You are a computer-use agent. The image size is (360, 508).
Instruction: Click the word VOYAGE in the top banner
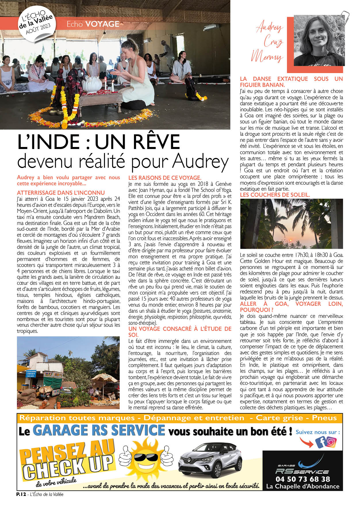tap(102, 24)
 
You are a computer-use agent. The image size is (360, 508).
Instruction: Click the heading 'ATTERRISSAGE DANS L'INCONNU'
tap(61, 193)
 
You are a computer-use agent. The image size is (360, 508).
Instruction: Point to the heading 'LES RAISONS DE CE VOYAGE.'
tap(165, 178)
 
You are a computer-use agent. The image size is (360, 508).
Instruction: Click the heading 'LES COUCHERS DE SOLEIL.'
tap(275, 195)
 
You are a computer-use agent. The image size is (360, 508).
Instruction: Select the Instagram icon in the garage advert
tap(331, 442)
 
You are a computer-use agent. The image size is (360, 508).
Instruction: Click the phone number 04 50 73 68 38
tap(303, 479)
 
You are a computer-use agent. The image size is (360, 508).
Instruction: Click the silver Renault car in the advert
tap(210, 461)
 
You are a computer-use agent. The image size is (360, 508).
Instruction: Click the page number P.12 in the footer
tap(21, 494)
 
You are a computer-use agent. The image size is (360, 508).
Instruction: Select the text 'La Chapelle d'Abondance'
tap(303, 486)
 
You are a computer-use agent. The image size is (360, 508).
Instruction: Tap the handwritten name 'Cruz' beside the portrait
tap(273, 42)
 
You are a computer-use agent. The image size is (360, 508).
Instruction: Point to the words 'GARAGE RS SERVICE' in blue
tap(99, 430)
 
